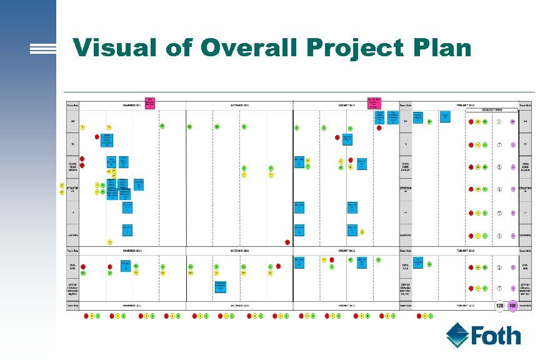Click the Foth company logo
tap(484, 335)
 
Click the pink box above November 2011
tap(150, 102)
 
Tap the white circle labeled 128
tap(499, 306)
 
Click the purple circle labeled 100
tap(512, 306)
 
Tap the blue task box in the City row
tap(220, 286)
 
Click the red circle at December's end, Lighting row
tap(287, 242)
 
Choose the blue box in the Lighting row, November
tap(127, 230)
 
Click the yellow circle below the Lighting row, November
tap(109, 242)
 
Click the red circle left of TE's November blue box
tap(97, 136)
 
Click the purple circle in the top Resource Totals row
tap(512, 121)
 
